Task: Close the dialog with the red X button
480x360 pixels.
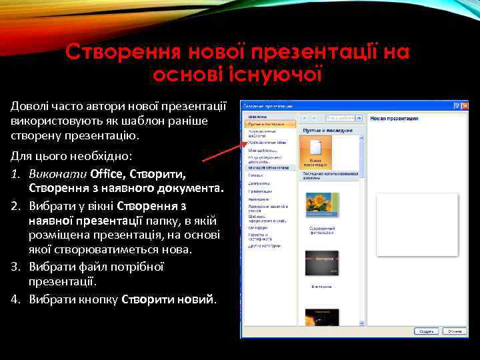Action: tap(463, 105)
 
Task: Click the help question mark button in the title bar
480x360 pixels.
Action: tap(456, 105)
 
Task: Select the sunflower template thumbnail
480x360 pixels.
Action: tap(321, 204)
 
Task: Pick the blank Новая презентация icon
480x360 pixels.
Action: tap(315, 151)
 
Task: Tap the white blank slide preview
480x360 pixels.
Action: tap(417, 224)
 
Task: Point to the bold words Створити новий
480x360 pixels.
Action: tap(168, 299)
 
